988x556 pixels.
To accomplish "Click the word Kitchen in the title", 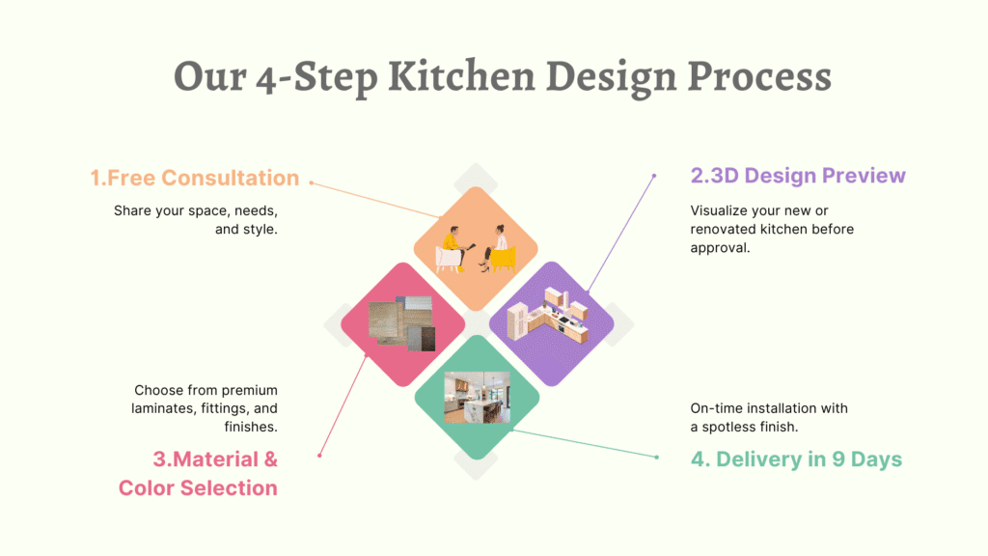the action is pos(461,76).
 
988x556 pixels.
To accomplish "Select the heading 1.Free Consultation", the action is pos(195,178).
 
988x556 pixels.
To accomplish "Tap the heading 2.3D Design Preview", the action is pos(798,176).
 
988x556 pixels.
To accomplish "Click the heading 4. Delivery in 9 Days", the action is pos(796,459).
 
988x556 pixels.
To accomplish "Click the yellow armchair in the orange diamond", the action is pos(502,259).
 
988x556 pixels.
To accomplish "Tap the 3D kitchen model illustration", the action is pos(548,316).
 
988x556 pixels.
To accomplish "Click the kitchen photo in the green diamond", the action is pos(477,397).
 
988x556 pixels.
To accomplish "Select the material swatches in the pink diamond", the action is pos(402,322).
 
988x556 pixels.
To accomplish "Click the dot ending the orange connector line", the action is pos(312,182).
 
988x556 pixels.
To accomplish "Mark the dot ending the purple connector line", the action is pos(654,176).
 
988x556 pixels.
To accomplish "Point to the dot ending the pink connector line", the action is pos(320,456).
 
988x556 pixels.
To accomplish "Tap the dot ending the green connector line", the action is pos(656,457).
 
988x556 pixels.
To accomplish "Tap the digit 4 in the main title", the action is pos(266,81).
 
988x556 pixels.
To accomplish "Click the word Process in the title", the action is pos(759,76).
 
